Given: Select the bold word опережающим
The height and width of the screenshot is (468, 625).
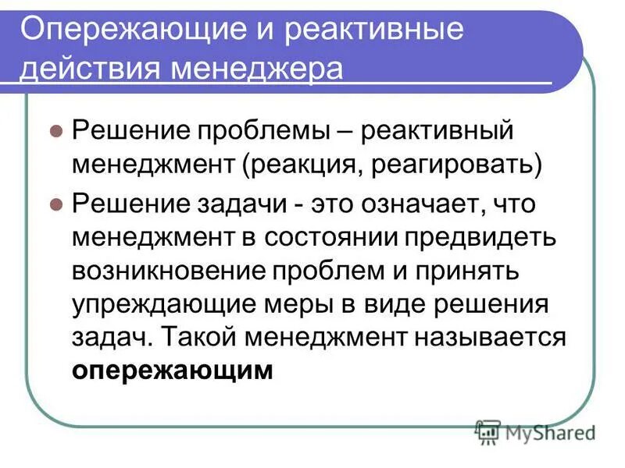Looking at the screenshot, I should [x=173, y=370].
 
